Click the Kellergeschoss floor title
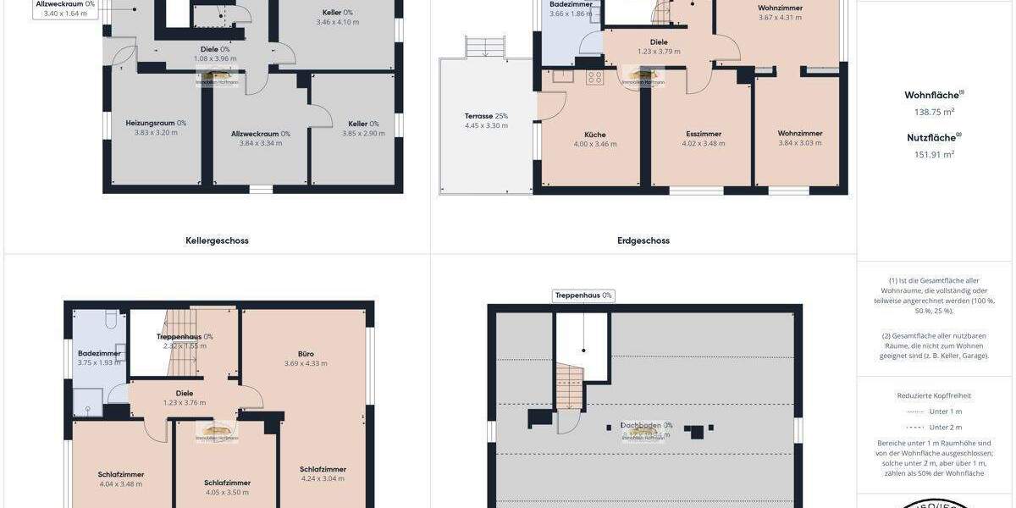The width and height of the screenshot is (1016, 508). click(x=217, y=240)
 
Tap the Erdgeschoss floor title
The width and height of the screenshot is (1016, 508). click(x=643, y=240)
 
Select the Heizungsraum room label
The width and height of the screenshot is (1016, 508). click(x=156, y=123)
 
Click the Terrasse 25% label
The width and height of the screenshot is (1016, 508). click(x=486, y=115)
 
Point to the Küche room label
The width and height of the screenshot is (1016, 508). click(x=595, y=134)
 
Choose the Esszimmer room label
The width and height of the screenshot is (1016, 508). click(x=704, y=134)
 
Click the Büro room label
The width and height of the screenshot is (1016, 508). click(x=306, y=353)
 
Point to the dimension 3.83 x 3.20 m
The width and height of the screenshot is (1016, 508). click(x=156, y=133)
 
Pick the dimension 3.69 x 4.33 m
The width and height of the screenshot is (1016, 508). click(x=306, y=363)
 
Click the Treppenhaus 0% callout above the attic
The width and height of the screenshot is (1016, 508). click(x=583, y=295)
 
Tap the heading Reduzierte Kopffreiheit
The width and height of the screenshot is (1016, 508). click(x=934, y=395)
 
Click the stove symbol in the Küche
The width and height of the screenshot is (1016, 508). click(x=594, y=77)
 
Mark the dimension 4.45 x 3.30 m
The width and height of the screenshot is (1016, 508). click(x=486, y=125)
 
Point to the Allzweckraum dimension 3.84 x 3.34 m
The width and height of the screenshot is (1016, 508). click(x=262, y=143)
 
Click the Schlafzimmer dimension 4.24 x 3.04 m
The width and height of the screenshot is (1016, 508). click(x=323, y=478)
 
